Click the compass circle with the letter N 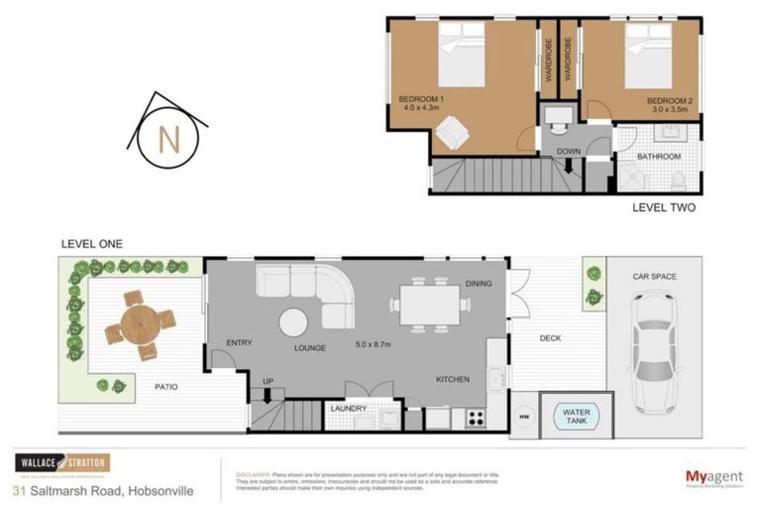pos(167,140)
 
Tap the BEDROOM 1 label pos(420,100)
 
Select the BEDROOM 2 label pos(670,100)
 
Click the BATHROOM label pos(658,157)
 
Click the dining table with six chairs pos(428,305)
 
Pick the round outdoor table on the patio pos(138,323)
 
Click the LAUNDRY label pos(348,408)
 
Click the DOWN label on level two pos(569,153)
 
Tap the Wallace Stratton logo pos(61,463)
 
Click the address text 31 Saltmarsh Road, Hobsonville pos(104,491)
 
